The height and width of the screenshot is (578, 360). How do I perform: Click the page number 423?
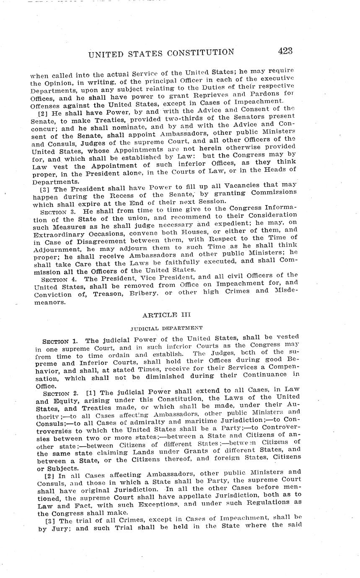pyautogui.click(x=285, y=51)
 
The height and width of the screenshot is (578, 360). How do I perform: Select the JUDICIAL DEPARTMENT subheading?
pyautogui.click(x=166, y=328)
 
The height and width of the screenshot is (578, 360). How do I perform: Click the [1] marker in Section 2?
pyautogui.click(x=91, y=392)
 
